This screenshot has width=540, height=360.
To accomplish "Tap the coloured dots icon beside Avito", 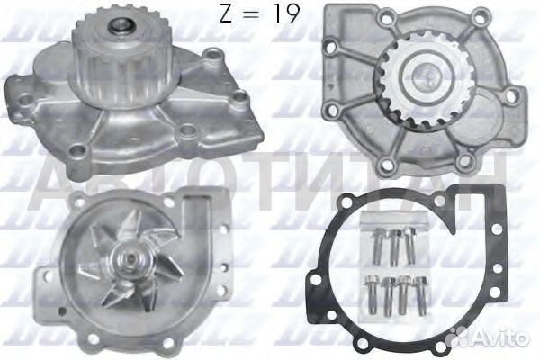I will pyautogui.click(x=468, y=337).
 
